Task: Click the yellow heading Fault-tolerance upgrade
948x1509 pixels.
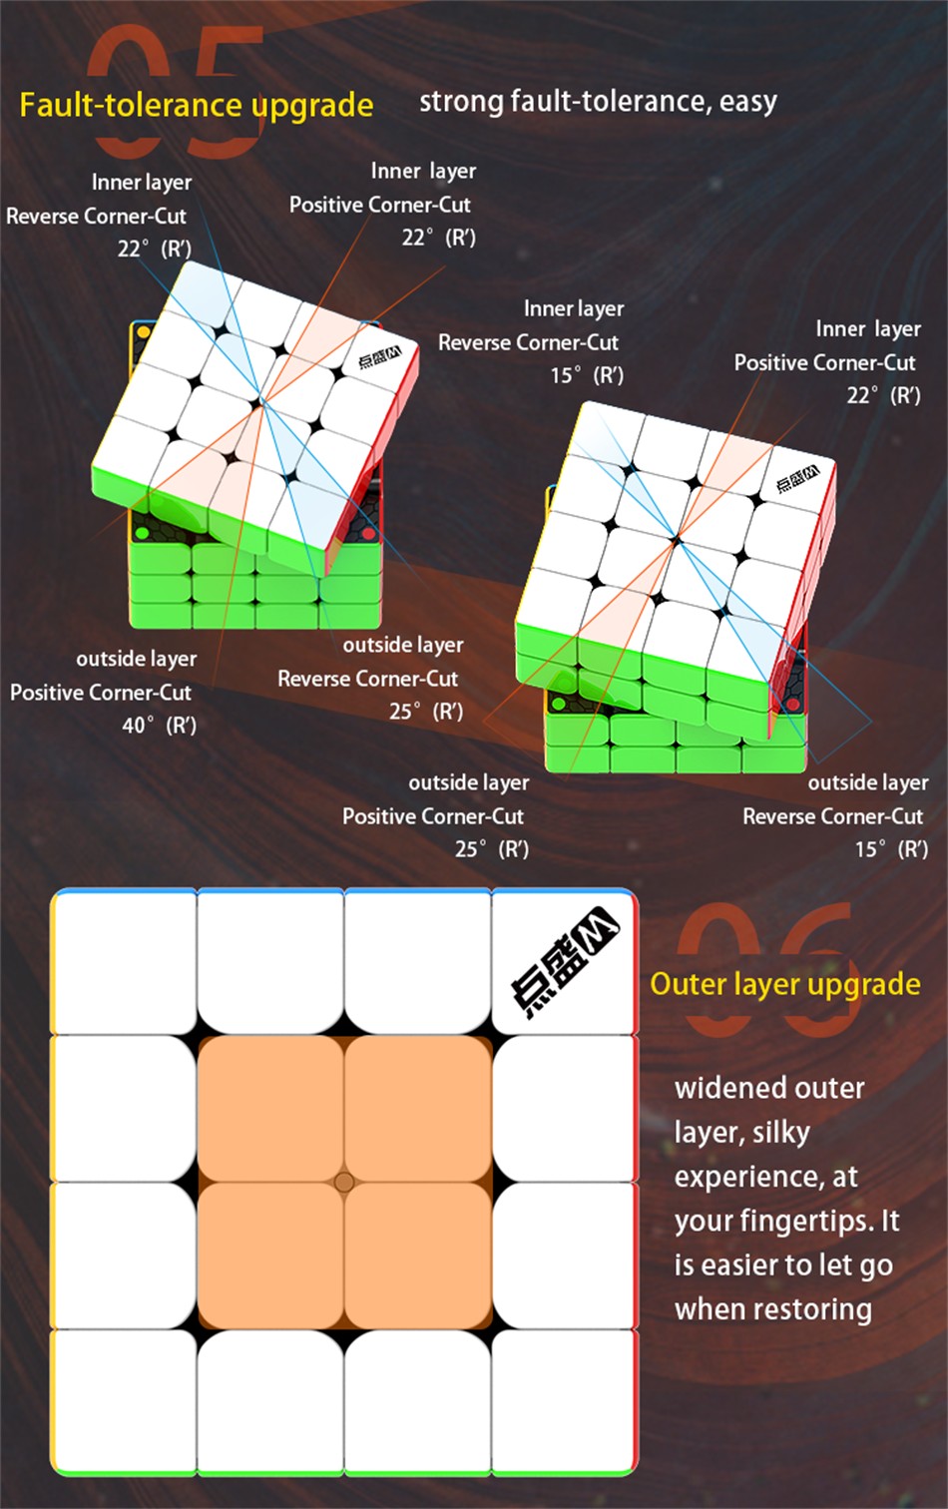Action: [196, 106]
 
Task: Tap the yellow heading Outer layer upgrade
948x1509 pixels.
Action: [785, 985]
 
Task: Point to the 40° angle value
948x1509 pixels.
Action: [134, 726]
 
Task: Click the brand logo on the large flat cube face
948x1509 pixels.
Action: [565, 962]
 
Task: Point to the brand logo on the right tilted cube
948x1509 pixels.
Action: [797, 479]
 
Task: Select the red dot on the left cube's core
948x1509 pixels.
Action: [368, 535]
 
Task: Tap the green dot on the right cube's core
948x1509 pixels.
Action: [559, 706]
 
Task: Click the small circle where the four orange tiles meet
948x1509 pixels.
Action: [344, 1182]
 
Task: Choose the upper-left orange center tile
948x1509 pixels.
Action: [270, 1108]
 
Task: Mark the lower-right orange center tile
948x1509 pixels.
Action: [418, 1256]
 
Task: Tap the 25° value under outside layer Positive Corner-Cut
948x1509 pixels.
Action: [467, 849]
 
